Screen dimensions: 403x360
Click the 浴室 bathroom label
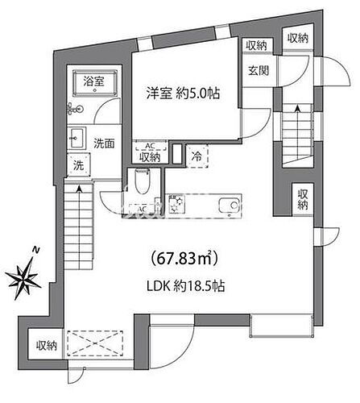[x=93, y=81]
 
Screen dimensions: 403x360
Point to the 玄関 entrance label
[x=256, y=70]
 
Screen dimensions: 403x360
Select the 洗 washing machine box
[x=79, y=166]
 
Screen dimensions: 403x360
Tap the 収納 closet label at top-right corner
[x=297, y=38]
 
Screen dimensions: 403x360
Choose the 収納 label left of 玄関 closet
[x=256, y=45]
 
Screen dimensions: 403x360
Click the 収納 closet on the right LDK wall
[x=301, y=199]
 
